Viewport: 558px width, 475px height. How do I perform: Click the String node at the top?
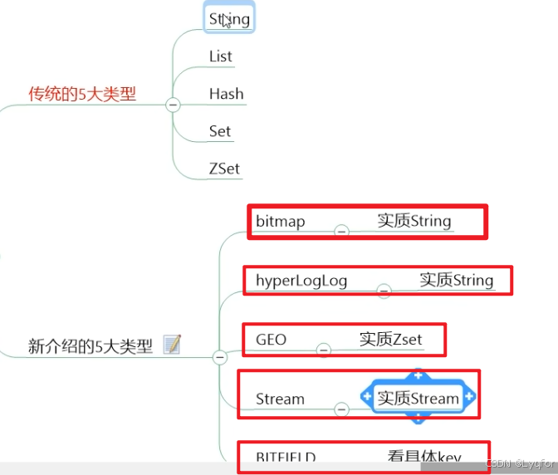coord(229,18)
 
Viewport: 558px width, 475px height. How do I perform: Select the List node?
coord(220,56)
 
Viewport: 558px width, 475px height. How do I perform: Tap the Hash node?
coord(226,94)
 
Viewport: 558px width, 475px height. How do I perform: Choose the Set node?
coord(220,131)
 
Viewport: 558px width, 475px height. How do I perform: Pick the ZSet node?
coord(224,169)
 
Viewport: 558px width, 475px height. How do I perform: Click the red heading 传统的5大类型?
coord(82,94)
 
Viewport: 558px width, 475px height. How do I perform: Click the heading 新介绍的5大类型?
coord(91,346)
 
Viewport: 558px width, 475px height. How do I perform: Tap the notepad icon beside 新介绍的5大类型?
coord(172,345)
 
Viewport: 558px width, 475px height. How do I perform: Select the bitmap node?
coord(280,221)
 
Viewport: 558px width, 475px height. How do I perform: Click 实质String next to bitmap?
coord(414,221)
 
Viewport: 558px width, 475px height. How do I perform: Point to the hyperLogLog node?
coord(301,281)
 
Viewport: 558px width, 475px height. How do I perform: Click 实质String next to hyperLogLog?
coord(456,280)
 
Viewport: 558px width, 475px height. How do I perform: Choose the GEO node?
coord(271,340)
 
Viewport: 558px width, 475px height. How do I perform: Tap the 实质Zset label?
coord(390,339)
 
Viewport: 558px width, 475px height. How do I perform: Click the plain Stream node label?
coord(280,399)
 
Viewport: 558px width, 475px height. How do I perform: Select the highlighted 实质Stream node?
coord(418,399)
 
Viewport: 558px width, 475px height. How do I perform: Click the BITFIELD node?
coord(285,457)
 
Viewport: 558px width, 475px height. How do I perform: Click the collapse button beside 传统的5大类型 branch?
coord(173,105)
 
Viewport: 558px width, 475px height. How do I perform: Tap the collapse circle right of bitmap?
coord(340,231)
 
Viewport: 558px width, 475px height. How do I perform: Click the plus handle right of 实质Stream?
coord(469,398)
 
